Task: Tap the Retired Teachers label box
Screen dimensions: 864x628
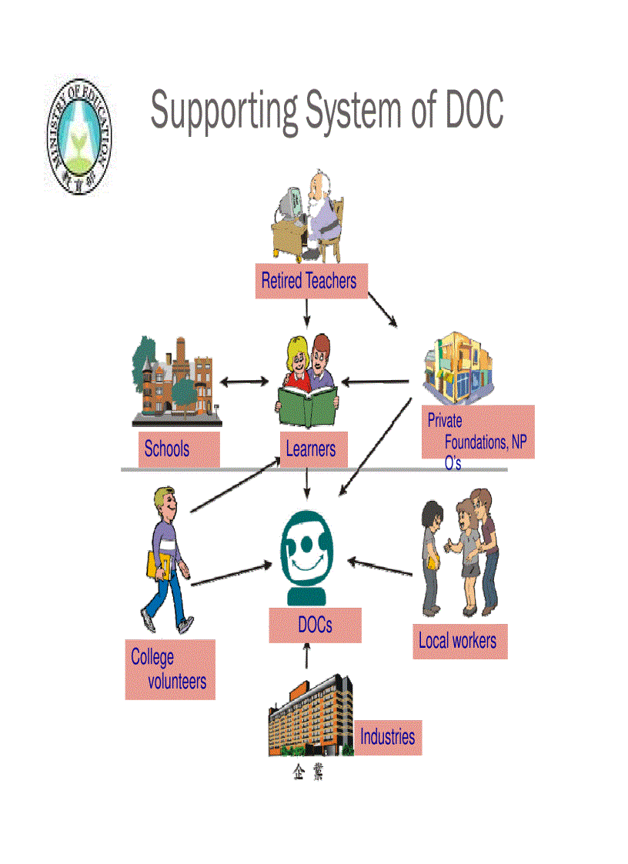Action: point(309,281)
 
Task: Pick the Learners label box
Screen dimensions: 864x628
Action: point(311,449)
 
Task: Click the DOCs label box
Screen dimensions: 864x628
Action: point(315,624)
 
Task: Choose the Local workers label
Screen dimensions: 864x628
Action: point(458,641)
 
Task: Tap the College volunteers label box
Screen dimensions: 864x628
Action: point(169,669)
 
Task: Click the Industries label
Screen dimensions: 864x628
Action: point(388,737)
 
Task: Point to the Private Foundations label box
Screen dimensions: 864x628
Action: point(477,432)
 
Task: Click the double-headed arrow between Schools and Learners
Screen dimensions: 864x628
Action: point(244,382)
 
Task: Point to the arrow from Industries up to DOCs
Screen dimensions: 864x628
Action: point(307,656)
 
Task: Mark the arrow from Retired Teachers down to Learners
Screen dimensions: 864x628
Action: point(307,312)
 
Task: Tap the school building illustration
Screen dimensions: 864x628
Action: point(177,382)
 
